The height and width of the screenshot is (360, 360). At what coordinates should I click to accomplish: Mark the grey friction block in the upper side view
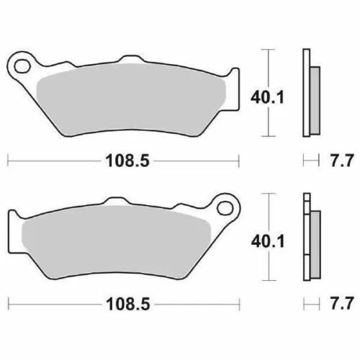point(315,99)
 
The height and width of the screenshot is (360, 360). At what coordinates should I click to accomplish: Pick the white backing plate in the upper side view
point(307,94)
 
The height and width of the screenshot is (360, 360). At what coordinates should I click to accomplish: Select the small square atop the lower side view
point(307,199)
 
